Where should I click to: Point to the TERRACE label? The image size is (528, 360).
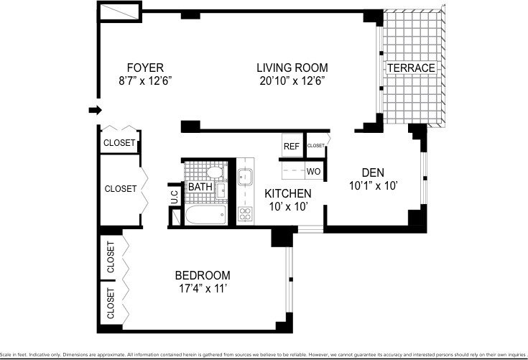(411, 68)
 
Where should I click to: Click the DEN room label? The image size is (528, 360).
(374, 172)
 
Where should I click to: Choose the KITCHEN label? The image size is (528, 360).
(287, 194)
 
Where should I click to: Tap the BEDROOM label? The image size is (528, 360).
(203, 275)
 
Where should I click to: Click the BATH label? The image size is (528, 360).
(200, 188)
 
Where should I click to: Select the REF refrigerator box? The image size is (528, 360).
(291, 146)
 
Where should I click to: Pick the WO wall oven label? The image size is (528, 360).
(313, 172)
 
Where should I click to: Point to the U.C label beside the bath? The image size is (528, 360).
(174, 193)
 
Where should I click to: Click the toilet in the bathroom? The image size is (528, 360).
(214, 172)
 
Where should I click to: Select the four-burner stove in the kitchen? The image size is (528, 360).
(245, 213)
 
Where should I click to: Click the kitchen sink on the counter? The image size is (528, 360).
(245, 177)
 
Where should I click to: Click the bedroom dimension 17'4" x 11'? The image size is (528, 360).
(203, 289)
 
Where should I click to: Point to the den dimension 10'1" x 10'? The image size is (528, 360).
(374, 185)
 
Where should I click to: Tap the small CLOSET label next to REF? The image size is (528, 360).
(316, 146)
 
